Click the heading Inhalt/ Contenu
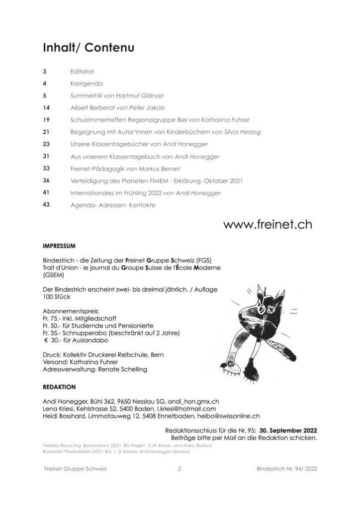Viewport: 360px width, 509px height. point(89,48)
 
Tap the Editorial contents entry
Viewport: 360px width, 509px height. point(82,72)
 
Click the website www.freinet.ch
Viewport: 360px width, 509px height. point(268,224)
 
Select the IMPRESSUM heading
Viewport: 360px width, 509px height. point(59,246)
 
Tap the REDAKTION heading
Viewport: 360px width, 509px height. point(59,386)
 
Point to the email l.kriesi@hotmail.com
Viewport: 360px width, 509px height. point(184,408)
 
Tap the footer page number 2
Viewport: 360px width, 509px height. point(180,469)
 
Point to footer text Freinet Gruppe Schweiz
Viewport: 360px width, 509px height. point(76,469)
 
